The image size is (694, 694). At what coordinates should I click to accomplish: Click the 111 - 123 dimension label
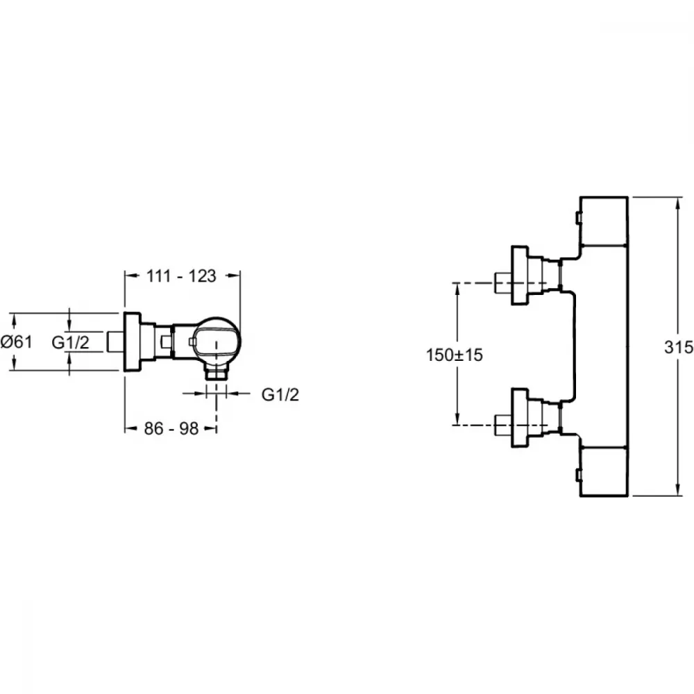click(181, 276)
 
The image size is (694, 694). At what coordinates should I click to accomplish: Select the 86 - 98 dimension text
click(171, 428)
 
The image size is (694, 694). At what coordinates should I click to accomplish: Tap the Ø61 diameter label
click(17, 341)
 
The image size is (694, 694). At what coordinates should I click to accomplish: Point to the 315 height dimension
click(679, 348)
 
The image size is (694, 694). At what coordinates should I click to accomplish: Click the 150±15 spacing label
click(454, 355)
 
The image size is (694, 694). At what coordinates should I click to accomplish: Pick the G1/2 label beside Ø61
click(70, 342)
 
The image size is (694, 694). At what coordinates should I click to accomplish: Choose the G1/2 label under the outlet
click(280, 394)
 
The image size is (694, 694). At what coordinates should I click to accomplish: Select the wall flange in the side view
click(132, 341)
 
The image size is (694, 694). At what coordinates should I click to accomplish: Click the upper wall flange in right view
click(520, 275)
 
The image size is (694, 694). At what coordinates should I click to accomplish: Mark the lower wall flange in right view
click(520, 418)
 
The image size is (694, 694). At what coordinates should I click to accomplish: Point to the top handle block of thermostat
click(604, 221)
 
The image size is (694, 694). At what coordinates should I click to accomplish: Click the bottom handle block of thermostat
click(604, 471)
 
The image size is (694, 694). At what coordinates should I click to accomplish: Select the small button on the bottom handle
click(577, 475)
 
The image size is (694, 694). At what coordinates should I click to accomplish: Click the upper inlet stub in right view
click(503, 282)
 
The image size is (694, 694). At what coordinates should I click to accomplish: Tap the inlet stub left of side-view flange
click(116, 341)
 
